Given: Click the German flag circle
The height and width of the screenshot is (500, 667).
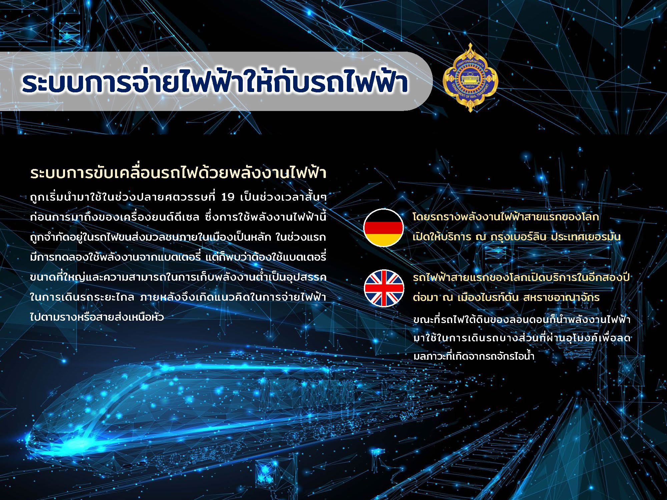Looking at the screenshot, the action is (384, 228).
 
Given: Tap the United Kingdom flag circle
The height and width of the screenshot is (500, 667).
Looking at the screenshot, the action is (384, 288).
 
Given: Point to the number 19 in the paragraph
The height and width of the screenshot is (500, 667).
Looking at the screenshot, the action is (228, 197).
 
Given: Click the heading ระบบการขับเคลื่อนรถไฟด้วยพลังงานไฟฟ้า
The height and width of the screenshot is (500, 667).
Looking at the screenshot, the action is (178, 173).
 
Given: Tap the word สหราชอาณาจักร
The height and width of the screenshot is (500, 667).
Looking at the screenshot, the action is (561, 297).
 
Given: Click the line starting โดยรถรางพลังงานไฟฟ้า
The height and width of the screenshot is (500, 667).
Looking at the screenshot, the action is (506, 217).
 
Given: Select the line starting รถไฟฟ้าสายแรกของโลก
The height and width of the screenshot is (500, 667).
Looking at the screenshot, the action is (521, 277).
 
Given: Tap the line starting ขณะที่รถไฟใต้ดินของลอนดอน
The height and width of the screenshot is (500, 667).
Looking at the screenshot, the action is (522, 319).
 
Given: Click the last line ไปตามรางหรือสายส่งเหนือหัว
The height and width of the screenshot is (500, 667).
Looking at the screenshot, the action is (97, 317).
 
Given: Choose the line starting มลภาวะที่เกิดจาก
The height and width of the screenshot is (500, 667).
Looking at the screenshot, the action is (474, 356).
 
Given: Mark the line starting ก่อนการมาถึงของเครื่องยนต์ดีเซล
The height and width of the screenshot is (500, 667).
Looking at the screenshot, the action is (178, 217).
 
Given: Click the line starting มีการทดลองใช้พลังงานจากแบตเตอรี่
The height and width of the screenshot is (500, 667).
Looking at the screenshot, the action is (178, 257).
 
